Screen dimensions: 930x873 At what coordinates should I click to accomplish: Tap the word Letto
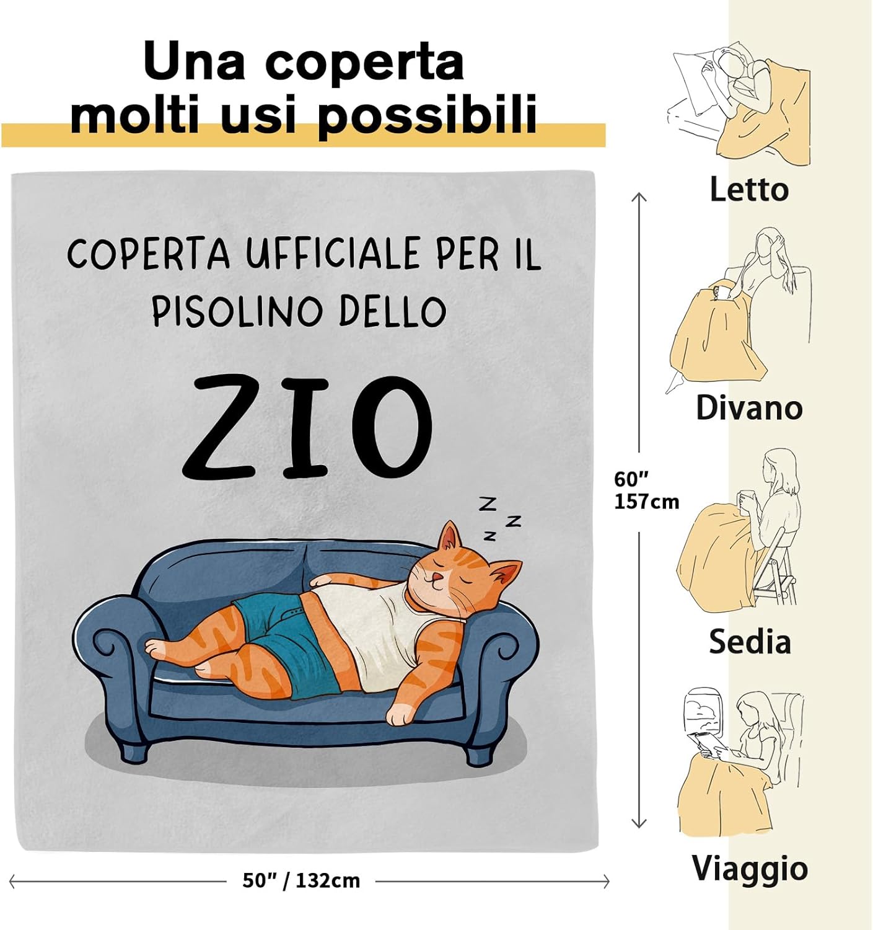point(748,189)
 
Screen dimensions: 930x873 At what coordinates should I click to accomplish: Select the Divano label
point(748,407)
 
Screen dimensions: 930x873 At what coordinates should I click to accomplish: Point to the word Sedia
point(750,641)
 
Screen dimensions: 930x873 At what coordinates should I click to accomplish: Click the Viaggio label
point(750,868)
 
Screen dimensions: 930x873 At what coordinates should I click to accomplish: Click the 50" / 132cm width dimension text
point(301,880)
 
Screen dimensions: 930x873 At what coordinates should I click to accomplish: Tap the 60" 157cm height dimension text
point(646,490)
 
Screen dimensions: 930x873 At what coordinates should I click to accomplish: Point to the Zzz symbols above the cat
point(499,518)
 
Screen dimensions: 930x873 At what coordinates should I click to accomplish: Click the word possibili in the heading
point(427,115)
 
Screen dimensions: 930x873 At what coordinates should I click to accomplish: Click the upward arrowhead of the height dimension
point(639,197)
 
